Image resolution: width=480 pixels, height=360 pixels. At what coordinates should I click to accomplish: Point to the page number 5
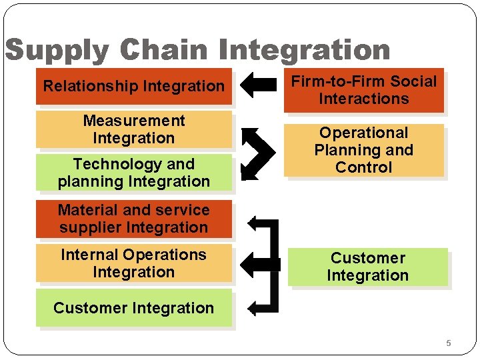coord(448,343)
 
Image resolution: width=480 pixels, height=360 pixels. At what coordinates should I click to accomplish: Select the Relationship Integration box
coord(133,86)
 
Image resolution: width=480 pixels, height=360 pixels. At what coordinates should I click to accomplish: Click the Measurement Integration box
coord(133,129)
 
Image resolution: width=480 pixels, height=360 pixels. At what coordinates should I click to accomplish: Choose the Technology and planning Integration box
coord(133,173)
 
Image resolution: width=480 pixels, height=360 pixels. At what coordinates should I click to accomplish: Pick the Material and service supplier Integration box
coord(133,219)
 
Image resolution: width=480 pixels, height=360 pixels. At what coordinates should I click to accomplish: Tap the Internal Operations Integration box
coord(133,263)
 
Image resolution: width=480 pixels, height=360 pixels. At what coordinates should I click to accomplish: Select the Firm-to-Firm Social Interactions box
coord(363,90)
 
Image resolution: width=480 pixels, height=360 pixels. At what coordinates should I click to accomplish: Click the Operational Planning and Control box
coord(363,150)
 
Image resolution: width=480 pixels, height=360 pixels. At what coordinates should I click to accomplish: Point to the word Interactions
coord(363,99)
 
